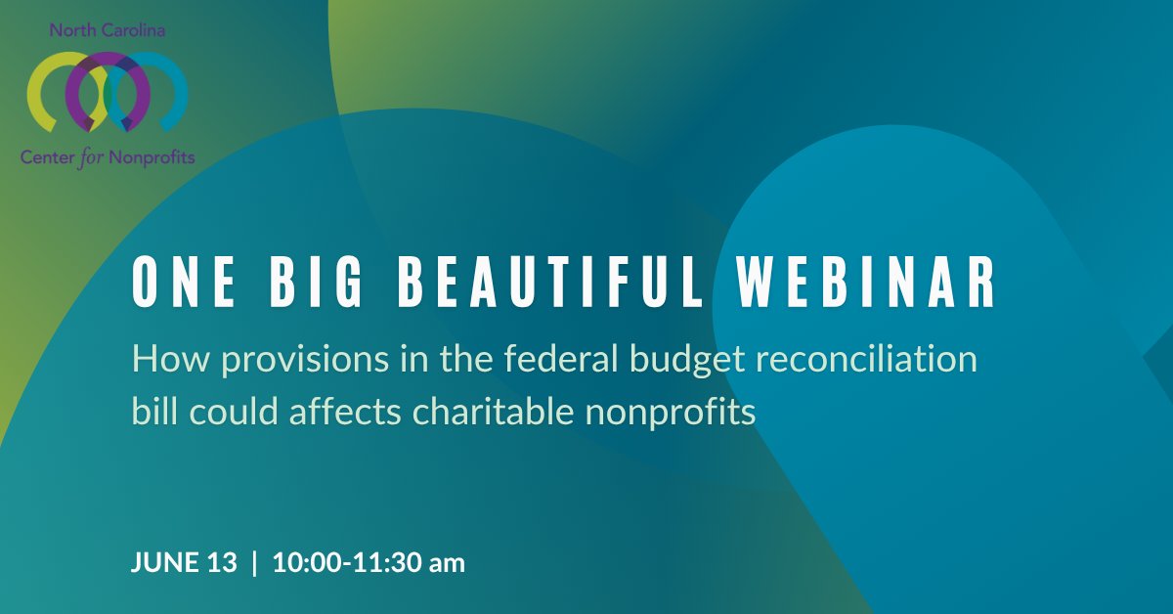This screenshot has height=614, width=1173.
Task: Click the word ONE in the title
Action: (x=184, y=282)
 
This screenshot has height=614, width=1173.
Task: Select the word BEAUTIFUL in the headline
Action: (x=550, y=282)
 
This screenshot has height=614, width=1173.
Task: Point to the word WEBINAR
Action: (x=867, y=282)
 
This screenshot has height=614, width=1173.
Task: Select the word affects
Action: (x=345, y=411)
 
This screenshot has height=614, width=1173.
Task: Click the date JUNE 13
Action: (x=184, y=562)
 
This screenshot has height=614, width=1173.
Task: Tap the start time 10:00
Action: (x=307, y=562)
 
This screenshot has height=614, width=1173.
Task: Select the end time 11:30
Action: (x=386, y=562)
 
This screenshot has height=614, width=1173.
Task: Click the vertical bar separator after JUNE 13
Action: (x=254, y=562)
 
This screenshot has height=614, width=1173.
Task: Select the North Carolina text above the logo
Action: (x=108, y=30)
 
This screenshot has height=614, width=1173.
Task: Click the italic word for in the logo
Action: (x=89, y=157)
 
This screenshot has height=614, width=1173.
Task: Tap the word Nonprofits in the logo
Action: (x=151, y=157)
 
